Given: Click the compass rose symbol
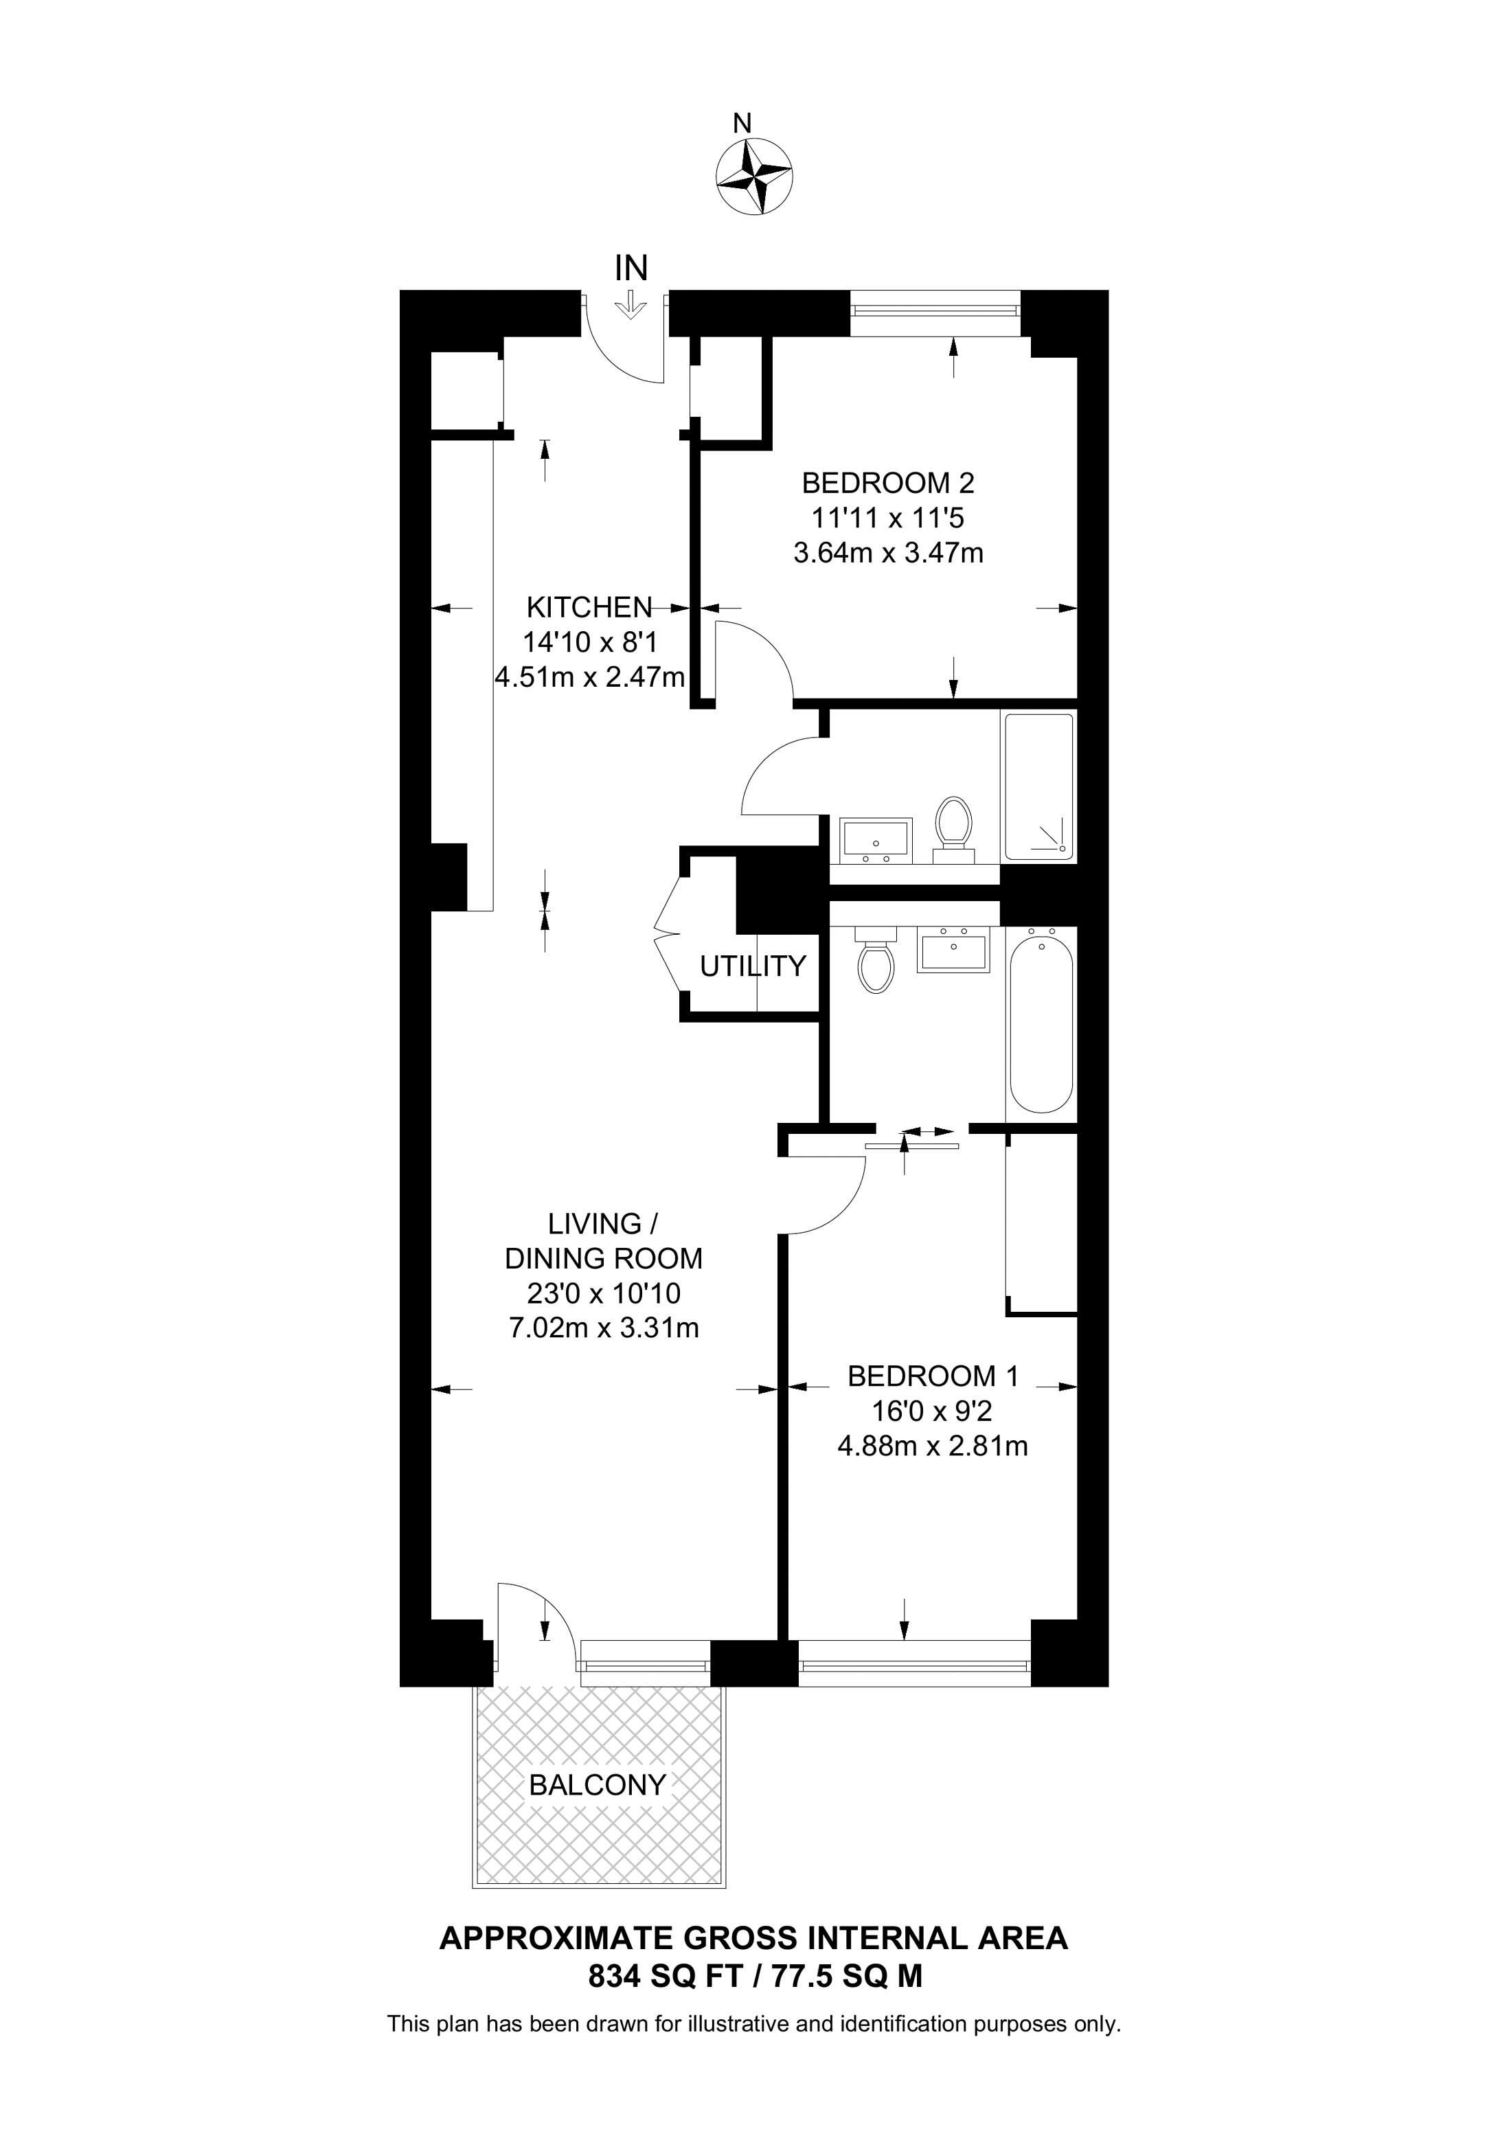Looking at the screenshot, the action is click(754, 176).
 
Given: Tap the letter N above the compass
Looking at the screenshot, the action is click(742, 123).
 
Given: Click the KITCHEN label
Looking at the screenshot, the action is click(589, 607).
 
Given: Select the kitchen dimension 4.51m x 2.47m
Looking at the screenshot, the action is click(590, 677).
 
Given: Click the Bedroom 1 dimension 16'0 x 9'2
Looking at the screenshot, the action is click(932, 1411).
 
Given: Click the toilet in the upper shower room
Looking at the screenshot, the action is click(953, 829).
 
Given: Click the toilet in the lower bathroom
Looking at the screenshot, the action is click(875, 960).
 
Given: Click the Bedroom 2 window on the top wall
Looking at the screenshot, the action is click(935, 314).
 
